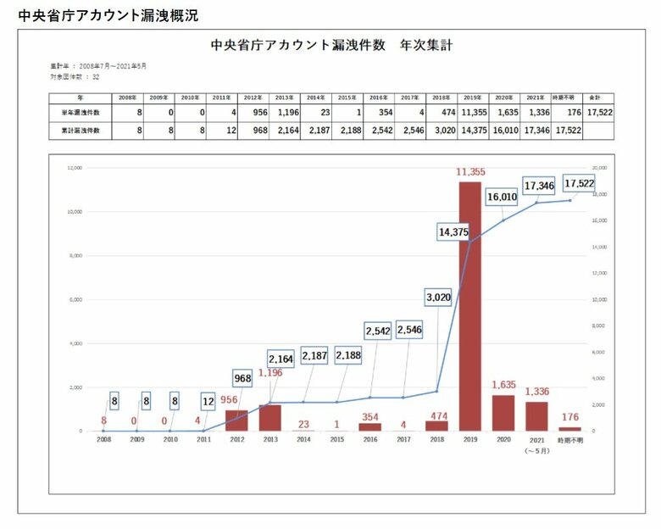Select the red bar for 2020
[x=503, y=413]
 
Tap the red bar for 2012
[x=237, y=420]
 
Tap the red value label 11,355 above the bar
[x=470, y=172]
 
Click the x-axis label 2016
[x=370, y=439]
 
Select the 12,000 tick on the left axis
[x=75, y=168]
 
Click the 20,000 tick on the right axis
[x=598, y=168]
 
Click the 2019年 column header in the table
[x=470, y=98]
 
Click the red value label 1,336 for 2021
[x=536, y=391]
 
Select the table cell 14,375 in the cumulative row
[x=470, y=131]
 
